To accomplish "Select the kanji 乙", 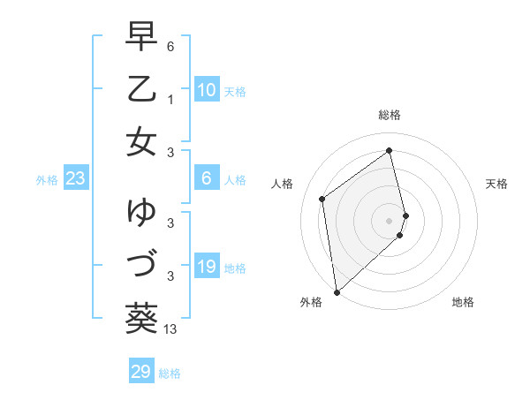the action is point(141,90).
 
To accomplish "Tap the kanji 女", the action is point(141,142).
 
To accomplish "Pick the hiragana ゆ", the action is point(141,212).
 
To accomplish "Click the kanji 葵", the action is point(141,315).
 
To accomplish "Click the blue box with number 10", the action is point(206,90).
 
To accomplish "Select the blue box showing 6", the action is point(206,178).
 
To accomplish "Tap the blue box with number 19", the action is point(206,267).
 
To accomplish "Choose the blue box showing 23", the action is point(76,178).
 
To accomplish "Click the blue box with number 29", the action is point(141,372).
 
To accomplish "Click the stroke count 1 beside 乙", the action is point(170,100).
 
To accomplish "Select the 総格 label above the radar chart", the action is point(390,115).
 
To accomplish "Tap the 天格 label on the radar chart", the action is point(496,184).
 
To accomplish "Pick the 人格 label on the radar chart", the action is point(283,184).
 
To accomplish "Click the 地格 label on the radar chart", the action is point(463,302).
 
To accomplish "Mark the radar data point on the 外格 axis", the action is point(337,291).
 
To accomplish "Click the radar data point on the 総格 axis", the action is point(390,150).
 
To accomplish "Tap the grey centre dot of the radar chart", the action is point(390,220).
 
